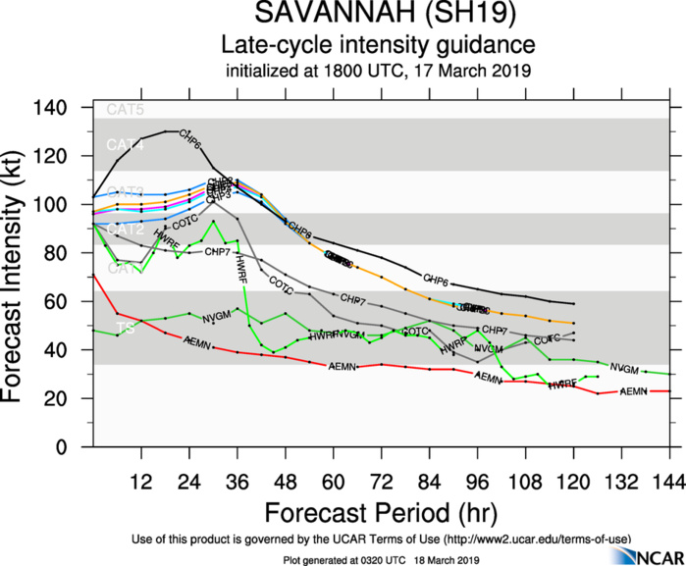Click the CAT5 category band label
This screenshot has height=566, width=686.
(124, 110)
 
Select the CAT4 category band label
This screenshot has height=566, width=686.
(124, 145)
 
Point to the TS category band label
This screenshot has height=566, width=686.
(125, 329)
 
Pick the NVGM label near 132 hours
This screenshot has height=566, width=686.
(624, 368)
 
